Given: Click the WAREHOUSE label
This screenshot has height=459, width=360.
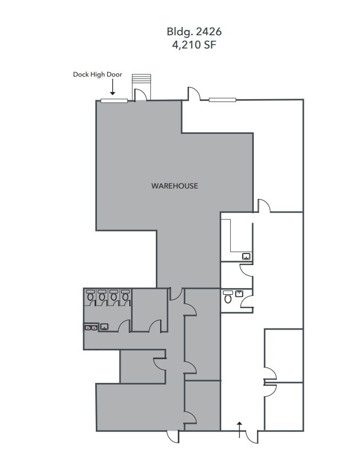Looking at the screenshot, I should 174,186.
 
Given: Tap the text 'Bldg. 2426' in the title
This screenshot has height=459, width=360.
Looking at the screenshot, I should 194,32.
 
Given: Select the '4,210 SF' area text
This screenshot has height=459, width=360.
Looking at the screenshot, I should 194,45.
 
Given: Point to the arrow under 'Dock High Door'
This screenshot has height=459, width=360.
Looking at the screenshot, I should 112,87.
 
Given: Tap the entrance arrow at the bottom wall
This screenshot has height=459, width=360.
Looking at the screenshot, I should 239,429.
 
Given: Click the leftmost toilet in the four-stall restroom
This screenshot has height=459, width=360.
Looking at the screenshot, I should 90,297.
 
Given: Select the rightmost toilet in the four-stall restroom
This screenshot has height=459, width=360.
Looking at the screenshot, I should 126,297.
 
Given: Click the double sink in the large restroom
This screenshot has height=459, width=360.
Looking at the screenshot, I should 91,327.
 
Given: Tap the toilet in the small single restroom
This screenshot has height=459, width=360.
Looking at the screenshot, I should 228,298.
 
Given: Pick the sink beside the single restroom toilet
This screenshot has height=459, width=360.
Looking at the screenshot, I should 239,294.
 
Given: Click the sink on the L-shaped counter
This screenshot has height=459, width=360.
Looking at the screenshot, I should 246,256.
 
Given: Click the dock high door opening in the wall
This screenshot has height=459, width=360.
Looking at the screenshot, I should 114,100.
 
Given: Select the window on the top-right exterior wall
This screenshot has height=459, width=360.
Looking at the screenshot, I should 222,100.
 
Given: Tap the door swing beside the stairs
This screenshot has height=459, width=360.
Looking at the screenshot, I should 141,95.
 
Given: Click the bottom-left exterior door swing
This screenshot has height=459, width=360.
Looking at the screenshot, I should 173,436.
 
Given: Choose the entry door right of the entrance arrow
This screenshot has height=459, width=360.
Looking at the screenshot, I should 252,436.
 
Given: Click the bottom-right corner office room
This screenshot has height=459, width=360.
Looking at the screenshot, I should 283,406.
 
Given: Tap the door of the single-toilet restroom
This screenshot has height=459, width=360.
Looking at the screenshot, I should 248,300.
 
